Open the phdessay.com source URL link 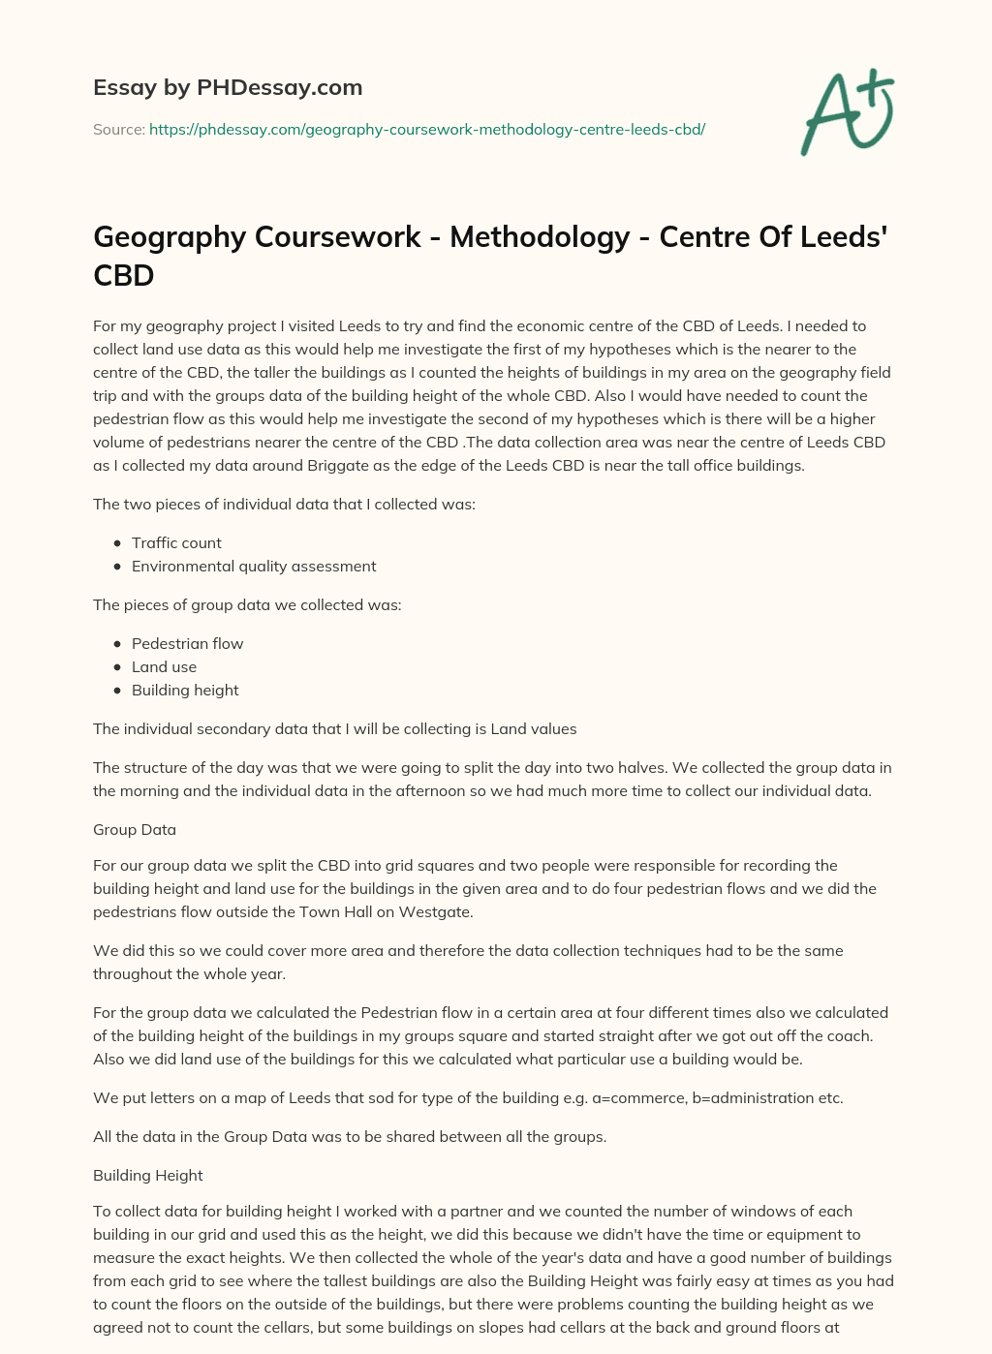[426, 129]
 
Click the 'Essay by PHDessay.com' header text [228, 87]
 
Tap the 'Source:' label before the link [119, 129]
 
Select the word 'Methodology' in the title [540, 237]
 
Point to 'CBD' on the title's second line [124, 276]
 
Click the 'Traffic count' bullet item [176, 542]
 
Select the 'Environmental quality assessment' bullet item [254, 566]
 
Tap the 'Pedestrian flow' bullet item [187, 643]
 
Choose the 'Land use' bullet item [164, 666]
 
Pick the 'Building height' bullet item [185, 690]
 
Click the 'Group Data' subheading [135, 829]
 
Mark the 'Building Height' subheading [148, 1175]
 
